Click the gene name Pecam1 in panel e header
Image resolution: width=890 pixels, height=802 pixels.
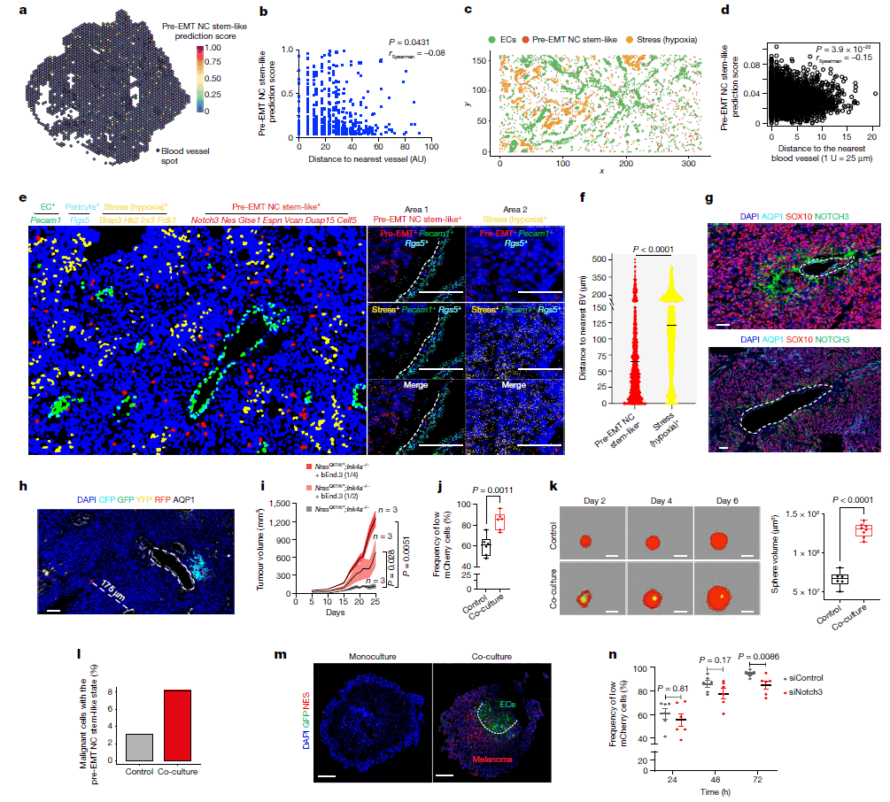click(x=47, y=217)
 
